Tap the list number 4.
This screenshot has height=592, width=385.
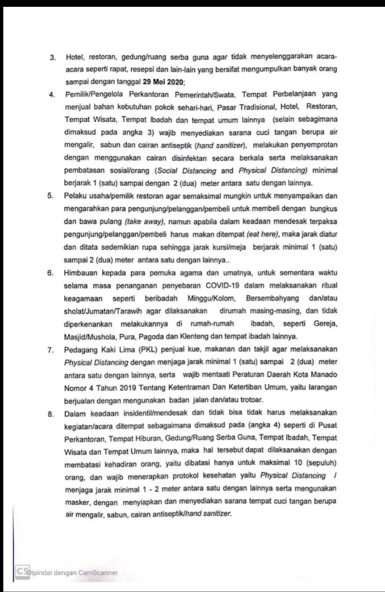(x=52, y=95)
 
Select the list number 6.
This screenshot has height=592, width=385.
(x=50, y=273)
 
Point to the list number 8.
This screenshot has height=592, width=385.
(x=51, y=414)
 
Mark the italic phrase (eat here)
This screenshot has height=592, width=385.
(x=262, y=234)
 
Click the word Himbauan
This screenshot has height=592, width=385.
(x=80, y=273)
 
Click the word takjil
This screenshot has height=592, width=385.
(x=262, y=349)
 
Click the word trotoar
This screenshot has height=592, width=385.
(x=249, y=400)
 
